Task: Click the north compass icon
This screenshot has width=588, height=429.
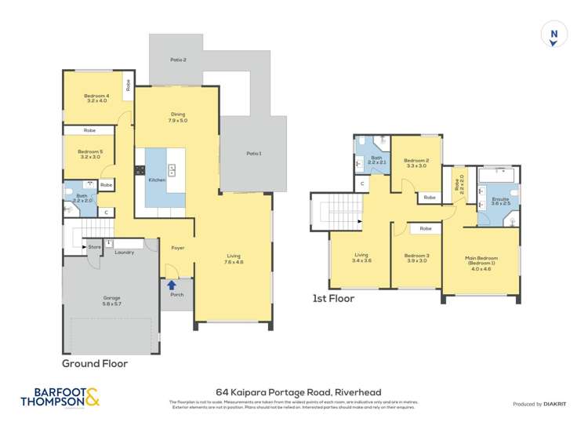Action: (x=554, y=34)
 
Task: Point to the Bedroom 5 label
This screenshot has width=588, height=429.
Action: (x=89, y=155)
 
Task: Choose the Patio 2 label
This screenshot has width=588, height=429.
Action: (x=178, y=60)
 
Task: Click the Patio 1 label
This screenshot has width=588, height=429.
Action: (x=253, y=153)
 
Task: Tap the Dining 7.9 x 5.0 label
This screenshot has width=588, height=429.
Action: (x=177, y=118)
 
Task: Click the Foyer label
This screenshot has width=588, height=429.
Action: (x=177, y=248)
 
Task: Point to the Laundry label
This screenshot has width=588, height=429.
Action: (x=124, y=252)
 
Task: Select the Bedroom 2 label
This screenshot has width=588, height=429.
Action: (x=416, y=162)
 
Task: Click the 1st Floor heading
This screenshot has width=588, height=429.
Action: (x=334, y=299)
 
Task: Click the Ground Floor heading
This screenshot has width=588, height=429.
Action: (x=95, y=364)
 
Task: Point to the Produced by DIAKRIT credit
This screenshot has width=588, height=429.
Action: (x=539, y=404)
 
